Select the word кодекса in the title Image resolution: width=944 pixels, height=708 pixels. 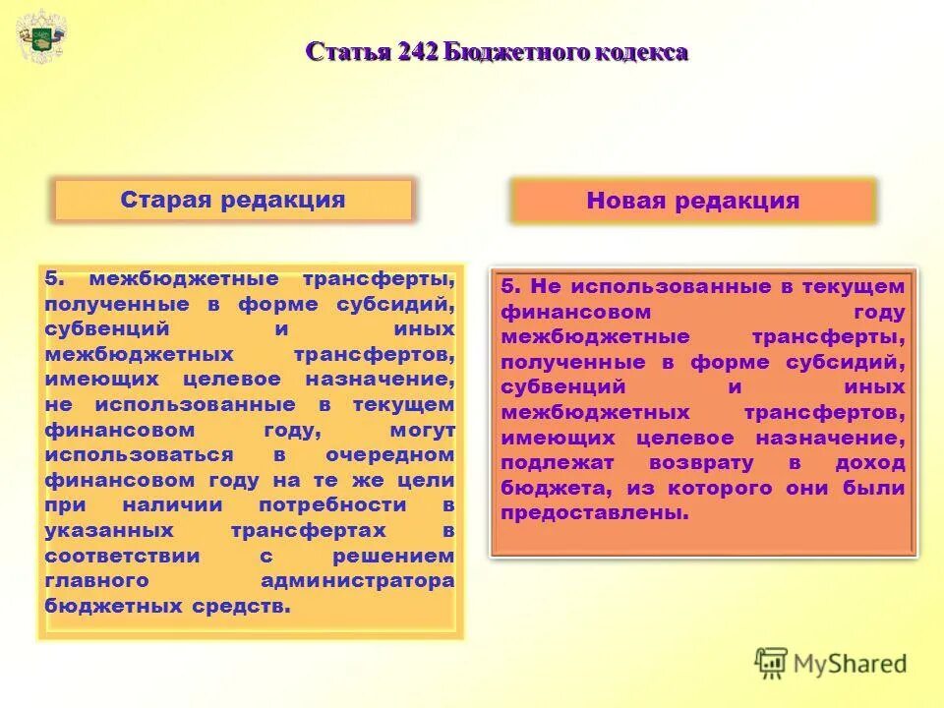pyautogui.click(x=640, y=52)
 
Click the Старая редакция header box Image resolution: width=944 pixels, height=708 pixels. pyautogui.click(x=233, y=201)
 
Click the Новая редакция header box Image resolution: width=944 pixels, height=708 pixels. pyautogui.click(x=692, y=202)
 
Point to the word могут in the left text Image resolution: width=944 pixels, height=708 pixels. pyautogui.click(x=422, y=430)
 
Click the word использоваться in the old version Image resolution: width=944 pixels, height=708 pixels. pyautogui.click(x=139, y=455)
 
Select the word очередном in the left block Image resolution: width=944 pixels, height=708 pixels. pyautogui.click(x=391, y=455)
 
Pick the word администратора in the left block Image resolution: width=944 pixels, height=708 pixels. pyautogui.click(x=358, y=581)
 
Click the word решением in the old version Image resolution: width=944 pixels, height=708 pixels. pyautogui.click(x=404, y=556)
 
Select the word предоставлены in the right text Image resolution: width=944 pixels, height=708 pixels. pyautogui.click(x=594, y=513)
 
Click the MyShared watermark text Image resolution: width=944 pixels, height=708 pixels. pyautogui.click(x=851, y=664)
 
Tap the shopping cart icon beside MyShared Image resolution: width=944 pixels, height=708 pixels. pyautogui.click(x=772, y=664)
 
